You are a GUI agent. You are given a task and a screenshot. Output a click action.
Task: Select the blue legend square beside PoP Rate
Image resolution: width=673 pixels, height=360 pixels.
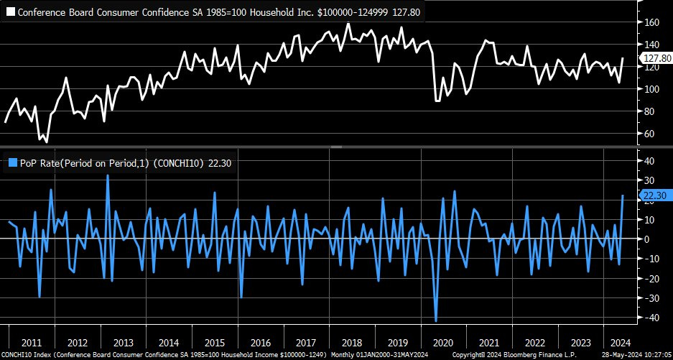click(x=9, y=162)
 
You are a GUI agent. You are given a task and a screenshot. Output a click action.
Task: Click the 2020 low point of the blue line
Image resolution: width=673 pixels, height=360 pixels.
click(x=436, y=320)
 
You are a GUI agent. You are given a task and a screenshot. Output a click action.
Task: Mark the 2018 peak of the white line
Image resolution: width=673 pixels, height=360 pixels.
click(x=348, y=24)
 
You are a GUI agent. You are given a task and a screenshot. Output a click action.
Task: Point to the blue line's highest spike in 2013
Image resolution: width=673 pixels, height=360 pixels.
click(x=108, y=175)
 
